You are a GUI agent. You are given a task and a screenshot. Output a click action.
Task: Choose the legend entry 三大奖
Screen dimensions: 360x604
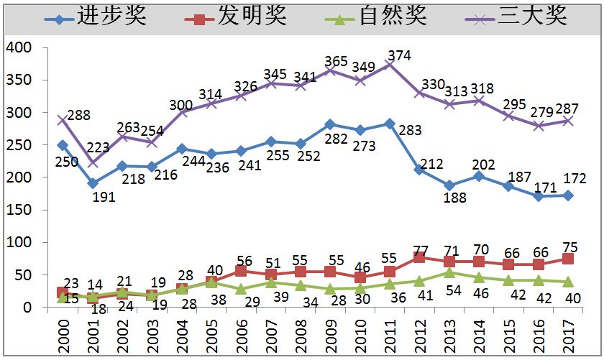(531, 16)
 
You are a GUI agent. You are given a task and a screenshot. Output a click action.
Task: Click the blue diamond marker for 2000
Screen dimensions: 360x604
(63, 145)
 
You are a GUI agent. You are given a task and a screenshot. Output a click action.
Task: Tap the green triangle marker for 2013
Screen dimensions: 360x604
(449, 272)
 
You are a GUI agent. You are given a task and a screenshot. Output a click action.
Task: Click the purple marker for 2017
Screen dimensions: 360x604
(569, 121)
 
